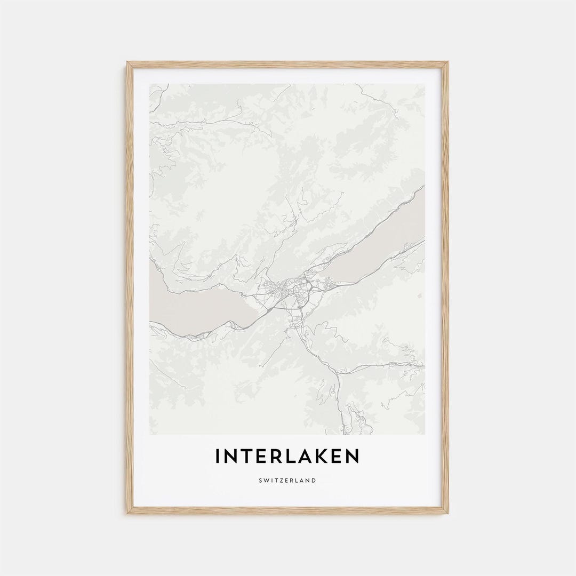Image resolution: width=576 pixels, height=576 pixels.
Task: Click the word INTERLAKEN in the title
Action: [x=287, y=457]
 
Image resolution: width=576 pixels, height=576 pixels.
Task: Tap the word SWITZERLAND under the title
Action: [x=287, y=481]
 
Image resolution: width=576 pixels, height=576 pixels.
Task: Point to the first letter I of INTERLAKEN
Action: [x=218, y=457]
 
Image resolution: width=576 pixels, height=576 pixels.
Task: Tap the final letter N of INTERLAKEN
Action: [x=352, y=457]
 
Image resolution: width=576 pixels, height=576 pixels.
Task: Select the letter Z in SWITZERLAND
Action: [x=279, y=481]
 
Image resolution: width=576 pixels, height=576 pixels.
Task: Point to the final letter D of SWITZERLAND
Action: [x=314, y=481]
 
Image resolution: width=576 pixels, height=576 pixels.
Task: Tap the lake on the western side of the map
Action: [x=197, y=309]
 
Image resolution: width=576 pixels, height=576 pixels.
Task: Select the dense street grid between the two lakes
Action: [x=291, y=291]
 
